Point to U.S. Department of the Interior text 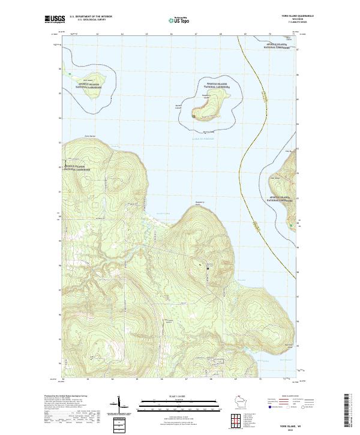click(91, 16)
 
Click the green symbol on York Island click(70, 74)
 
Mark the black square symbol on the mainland click(208, 268)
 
